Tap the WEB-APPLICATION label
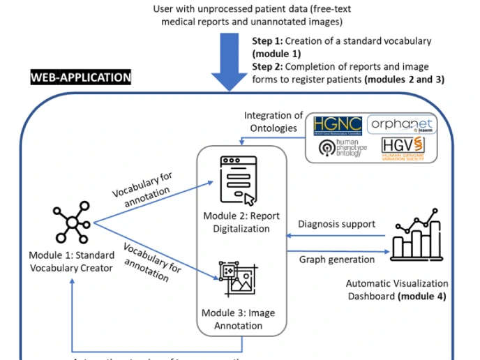pyautogui.click(x=80, y=77)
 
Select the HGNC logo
pyautogui.click(x=337, y=124)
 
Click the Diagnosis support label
pyautogui.click(x=336, y=225)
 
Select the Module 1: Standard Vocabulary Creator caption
pyautogui.click(x=70, y=260)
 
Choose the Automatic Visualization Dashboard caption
pyautogui.click(x=396, y=290)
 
